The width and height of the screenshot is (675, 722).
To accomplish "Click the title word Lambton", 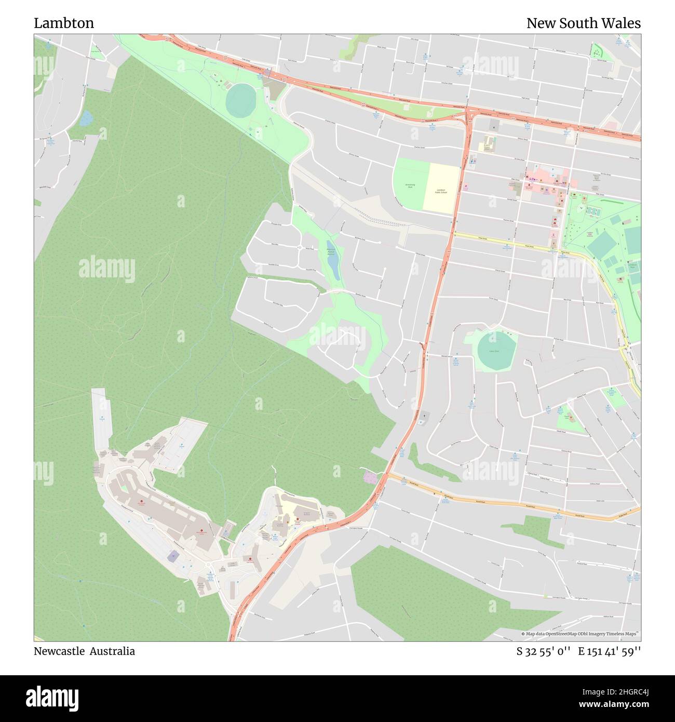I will (x=64, y=23).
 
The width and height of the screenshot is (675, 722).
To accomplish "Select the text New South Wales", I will (x=583, y=23).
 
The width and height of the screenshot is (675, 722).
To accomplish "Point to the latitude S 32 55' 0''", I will (x=543, y=651).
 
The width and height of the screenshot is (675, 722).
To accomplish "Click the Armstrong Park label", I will (x=410, y=185).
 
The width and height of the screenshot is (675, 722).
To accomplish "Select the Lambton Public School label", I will (x=441, y=191).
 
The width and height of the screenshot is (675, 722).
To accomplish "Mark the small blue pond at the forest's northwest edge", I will (x=86, y=118).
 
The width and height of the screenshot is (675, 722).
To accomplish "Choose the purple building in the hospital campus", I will (x=172, y=556).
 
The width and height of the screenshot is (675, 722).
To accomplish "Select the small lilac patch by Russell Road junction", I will (x=371, y=476).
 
